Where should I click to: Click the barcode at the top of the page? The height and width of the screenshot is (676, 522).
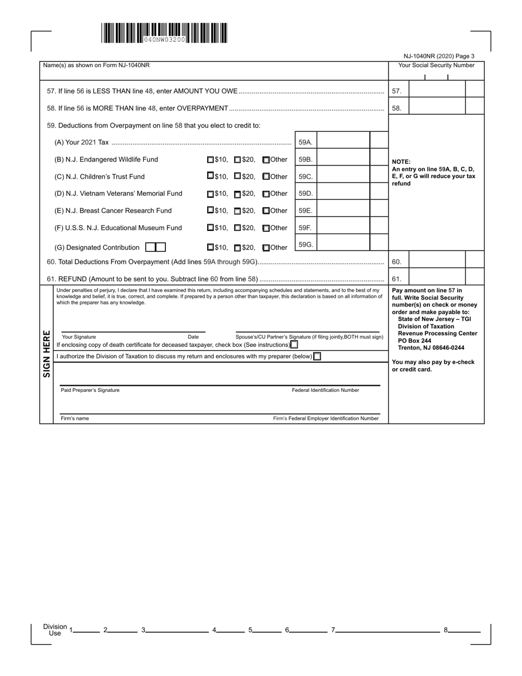pos(164,34)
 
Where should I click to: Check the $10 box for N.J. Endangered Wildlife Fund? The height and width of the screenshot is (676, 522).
pos(210,160)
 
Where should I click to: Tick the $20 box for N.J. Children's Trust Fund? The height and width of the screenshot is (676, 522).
pos(237,176)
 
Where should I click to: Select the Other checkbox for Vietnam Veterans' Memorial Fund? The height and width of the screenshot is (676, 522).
pos(266,194)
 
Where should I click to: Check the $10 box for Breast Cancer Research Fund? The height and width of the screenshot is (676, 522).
pos(210,210)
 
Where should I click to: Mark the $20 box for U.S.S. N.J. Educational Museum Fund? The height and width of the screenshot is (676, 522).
pos(237,228)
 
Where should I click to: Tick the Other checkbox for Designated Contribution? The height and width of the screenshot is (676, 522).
pos(266,248)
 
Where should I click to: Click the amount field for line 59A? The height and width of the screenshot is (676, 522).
pos(343,142)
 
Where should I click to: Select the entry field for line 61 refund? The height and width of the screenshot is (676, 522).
pos(437,279)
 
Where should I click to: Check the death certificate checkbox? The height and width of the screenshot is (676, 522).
pos(295,345)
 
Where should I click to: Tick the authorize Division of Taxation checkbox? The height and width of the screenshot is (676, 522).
pos(317,356)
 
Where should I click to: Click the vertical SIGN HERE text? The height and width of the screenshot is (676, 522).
pos(47,354)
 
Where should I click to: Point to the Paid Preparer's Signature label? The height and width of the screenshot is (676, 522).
pos(90,390)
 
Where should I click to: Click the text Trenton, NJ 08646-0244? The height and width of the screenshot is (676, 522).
pos(431,348)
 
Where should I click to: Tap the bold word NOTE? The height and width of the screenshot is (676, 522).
pos(401,162)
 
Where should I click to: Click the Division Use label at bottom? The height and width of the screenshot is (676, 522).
pos(55,630)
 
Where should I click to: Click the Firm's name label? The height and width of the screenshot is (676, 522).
pos(75,418)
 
